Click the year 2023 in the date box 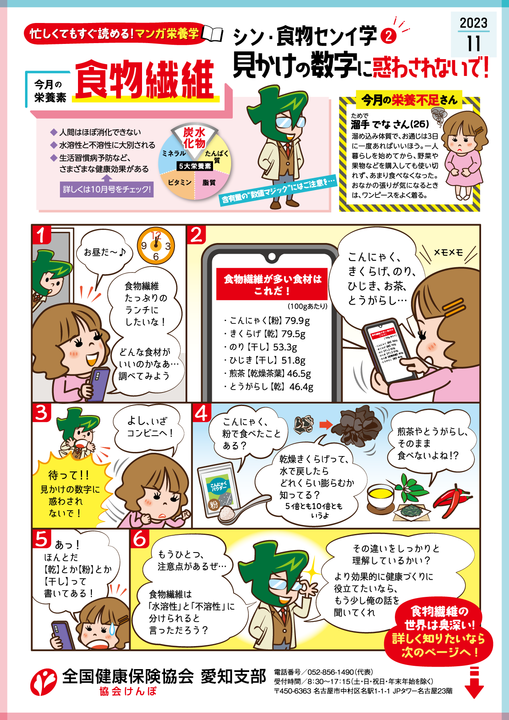click(473, 23)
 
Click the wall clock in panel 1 click(156, 245)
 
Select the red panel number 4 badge click(202, 413)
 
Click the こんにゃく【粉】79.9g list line click(269, 320)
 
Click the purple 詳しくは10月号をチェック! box click(107, 189)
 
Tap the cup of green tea click(380, 495)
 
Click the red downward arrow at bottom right click(474, 685)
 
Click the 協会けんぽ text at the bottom click(128, 691)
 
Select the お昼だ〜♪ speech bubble click(105, 252)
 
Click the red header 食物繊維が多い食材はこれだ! click(272, 284)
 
